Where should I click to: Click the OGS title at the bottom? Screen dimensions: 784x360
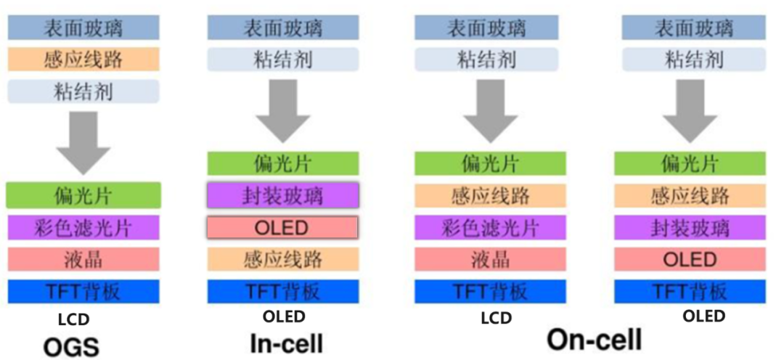[x=71, y=346]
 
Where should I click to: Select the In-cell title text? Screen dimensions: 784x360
[x=287, y=343]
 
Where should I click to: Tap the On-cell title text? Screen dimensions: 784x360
[x=594, y=340]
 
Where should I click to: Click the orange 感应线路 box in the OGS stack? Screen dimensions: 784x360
[x=83, y=60]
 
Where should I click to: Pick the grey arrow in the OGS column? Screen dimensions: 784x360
[x=83, y=136]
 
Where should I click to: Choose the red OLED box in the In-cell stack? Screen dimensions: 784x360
[x=283, y=228]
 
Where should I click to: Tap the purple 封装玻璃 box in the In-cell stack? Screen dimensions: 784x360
[x=283, y=196]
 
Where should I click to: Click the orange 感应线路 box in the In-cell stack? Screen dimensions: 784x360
[x=283, y=259]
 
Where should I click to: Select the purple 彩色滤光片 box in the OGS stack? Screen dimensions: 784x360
[x=83, y=227]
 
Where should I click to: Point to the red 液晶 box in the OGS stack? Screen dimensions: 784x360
[x=83, y=259]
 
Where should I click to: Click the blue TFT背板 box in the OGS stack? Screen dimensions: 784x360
[x=83, y=292]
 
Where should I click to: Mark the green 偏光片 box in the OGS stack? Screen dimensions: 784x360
[x=83, y=195]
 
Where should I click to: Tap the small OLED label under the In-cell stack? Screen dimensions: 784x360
[x=284, y=316]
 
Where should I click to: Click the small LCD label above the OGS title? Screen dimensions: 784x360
[x=74, y=319]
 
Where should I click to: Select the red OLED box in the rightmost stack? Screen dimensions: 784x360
[x=690, y=260]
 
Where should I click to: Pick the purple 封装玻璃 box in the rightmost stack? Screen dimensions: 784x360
[x=690, y=228]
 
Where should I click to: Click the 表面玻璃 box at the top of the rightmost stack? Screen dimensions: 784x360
[x=693, y=28]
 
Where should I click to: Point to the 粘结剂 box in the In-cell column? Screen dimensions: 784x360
[x=283, y=60]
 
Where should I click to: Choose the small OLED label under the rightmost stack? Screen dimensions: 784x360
[x=704, y=316]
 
